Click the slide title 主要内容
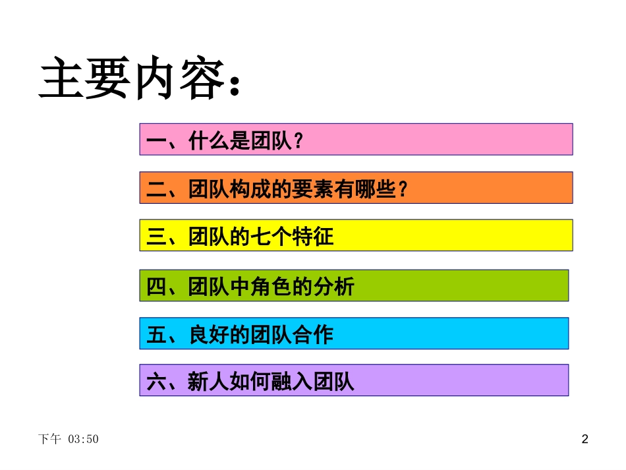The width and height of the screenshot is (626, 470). [128, 81]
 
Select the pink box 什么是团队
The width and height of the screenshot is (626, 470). [356, 139]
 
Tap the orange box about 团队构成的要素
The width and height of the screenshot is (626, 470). [356, 188]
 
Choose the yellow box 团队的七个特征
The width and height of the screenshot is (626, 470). [356, 235]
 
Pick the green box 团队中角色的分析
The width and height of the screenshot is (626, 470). [354, 285]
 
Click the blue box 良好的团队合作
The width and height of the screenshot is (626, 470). [354, 334]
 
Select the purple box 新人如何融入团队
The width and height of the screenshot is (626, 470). [354, 380]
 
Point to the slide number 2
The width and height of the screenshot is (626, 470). [584, 439]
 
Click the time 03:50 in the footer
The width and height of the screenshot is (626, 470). [83, 439]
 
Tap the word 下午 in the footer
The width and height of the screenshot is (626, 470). [49, 439]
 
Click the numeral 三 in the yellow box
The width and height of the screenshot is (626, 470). [156, 237]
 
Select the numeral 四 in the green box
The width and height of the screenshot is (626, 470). [156, 287]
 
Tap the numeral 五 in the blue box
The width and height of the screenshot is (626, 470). [156, 335]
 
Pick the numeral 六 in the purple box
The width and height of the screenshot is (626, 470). [156, 382]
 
